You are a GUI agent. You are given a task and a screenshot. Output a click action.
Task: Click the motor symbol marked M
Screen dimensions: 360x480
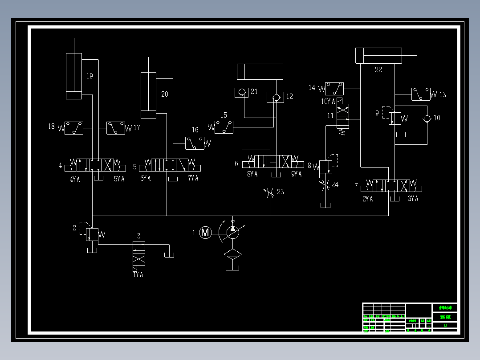(205, 232)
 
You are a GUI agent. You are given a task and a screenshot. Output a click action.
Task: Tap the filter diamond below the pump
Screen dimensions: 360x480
(232, 254)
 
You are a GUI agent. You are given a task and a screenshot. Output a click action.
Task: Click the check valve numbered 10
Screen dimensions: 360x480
(427, 118)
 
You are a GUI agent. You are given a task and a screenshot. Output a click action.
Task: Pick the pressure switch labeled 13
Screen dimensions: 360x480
(421, 94)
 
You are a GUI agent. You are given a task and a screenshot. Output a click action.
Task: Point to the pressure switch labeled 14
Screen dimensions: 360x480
(334, 89)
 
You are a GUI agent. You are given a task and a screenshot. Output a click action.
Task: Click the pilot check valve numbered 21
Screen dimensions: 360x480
(241, 93)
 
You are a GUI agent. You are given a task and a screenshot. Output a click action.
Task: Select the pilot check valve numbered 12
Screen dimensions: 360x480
(275, 97)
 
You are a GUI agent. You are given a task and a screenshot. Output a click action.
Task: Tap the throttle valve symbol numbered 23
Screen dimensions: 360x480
(270, 192)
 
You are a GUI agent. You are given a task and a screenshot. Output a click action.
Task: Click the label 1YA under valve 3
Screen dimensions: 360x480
(138, 275)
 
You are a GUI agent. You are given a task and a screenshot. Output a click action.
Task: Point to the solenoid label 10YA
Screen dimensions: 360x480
(328, 102)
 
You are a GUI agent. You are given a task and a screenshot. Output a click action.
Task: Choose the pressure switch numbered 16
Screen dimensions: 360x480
(195, 143)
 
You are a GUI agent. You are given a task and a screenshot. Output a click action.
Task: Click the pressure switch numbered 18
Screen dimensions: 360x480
(74, 128)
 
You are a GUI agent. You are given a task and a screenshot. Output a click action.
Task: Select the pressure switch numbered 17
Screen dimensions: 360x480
(115, 128)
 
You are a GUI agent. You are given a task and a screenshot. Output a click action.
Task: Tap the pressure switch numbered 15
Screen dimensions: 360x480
(224, 127)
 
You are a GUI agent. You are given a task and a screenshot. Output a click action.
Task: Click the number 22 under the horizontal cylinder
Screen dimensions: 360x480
(378, 70)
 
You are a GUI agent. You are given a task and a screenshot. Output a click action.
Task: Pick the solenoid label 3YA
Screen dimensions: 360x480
(413, 199)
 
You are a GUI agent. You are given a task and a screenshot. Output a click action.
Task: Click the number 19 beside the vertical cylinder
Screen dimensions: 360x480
(89, 76)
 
